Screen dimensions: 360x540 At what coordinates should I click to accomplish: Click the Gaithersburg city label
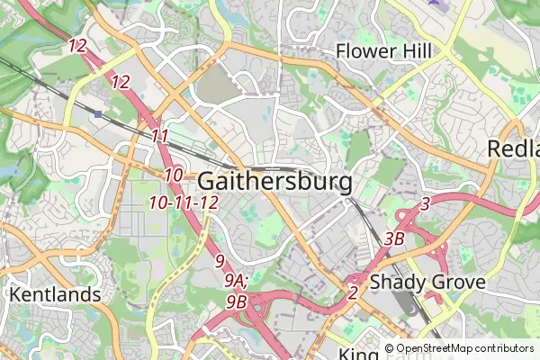tap(274, 181)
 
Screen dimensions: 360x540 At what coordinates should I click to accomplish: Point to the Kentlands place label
tap(55, 294)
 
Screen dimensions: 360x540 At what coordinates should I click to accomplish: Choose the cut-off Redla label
tap(514, 149)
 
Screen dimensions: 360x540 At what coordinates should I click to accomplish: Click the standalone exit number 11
tap(160, 136)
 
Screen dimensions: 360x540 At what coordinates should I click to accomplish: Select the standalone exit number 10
tap(174, 175)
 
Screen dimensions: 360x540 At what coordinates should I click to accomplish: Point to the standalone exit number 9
tap(220, 261)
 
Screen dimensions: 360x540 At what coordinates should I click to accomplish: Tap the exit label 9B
tap(237, 301)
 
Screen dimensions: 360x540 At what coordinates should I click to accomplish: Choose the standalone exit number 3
tap(425, 204)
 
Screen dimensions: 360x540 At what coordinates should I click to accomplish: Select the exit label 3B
tap(394, 239)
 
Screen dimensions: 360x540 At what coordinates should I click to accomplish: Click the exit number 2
tap(352, 292)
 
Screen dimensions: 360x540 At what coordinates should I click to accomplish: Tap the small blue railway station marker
tap(97, 113)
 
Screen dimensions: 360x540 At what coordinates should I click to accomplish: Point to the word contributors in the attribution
tap(505, 348)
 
